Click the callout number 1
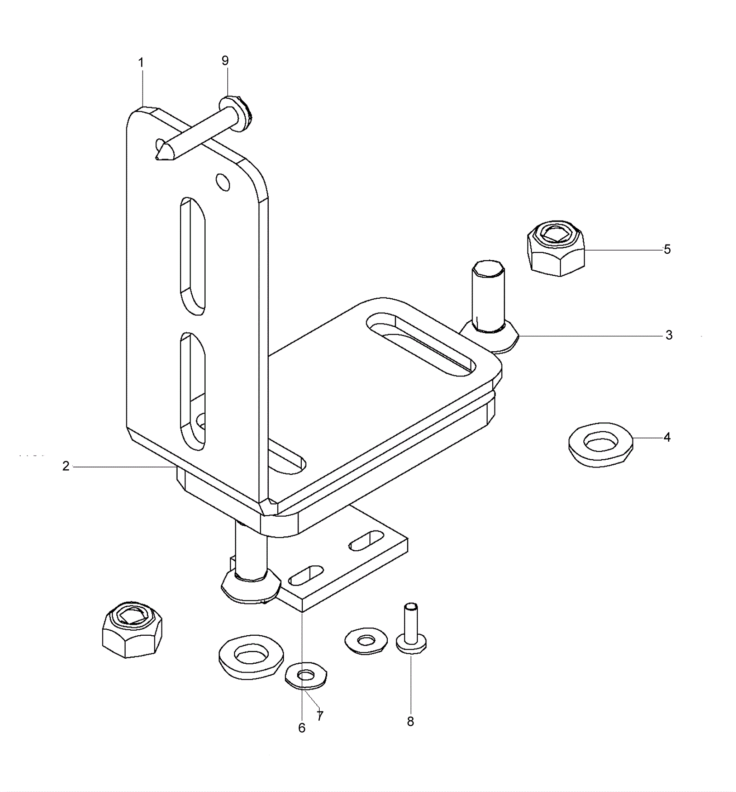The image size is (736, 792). coord(141,63)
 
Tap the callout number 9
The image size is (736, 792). coord(225,61)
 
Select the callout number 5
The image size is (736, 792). coord(667,249)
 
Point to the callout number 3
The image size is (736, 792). coord(669,335)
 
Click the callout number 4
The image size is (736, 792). coord(667,437)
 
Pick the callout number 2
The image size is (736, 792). coord(66,466)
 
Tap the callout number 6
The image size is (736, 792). coord(302,728)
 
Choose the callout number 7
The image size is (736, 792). coord(320,715)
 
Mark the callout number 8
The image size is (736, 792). coord(410,721)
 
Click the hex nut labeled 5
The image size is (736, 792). coord(556,248)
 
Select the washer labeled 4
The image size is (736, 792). coord(600,444)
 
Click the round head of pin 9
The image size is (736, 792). coord(236,113)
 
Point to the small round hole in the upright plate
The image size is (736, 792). coord(224,182)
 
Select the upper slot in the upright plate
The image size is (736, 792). coord(192,256)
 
